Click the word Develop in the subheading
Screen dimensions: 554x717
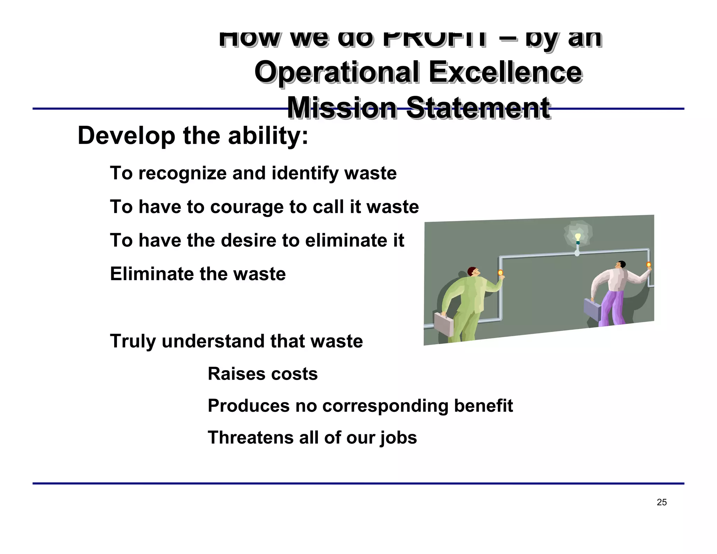point(126,136)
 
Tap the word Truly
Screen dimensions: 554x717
point(132,341)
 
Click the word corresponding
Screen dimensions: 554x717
point(385,406)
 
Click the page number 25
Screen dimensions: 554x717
point(662,502)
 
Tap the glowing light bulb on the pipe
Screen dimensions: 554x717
point(578,238)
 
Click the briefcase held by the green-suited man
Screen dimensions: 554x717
point(444,324)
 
